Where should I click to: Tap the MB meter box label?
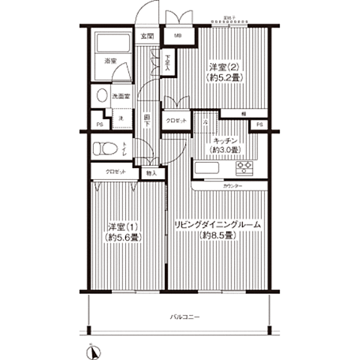click(x=178, y=36)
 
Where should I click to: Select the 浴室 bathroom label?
click(x=110, y=60)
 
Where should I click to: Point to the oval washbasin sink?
click(x=100, y=96)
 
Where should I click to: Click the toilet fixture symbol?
click(x=103, y=148)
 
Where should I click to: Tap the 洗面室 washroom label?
click(x=121, y=97)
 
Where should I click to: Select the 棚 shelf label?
click(x=244, y=113)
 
